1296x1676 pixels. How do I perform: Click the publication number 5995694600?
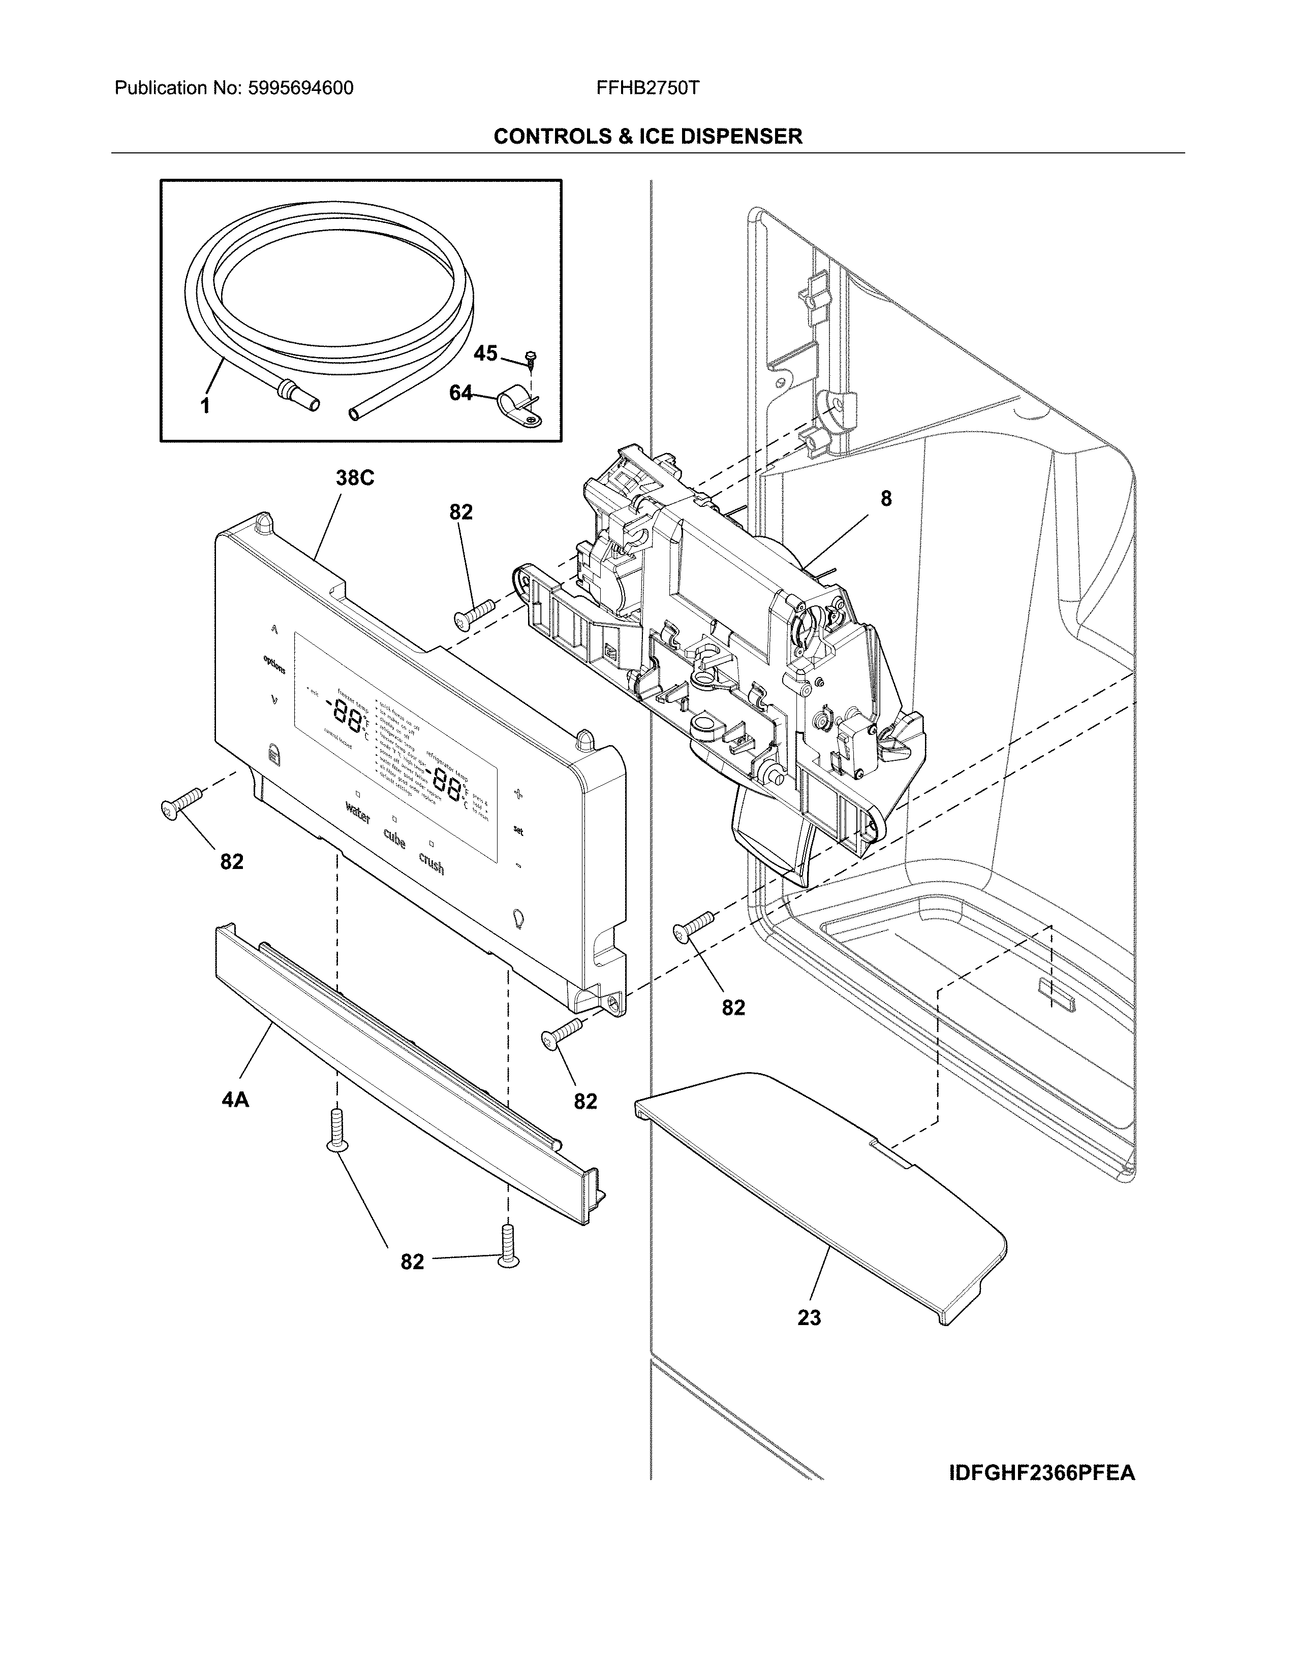300,88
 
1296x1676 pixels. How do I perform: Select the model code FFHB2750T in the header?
647,88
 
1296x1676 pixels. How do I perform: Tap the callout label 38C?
355,478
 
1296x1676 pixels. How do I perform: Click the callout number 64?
460,393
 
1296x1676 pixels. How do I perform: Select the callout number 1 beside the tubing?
205,405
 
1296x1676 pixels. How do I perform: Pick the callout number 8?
886,499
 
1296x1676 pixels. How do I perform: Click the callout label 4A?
235,1100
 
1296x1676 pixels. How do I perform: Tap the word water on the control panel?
358,812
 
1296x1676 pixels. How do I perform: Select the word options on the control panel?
274,665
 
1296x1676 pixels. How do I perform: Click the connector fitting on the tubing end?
299,395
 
